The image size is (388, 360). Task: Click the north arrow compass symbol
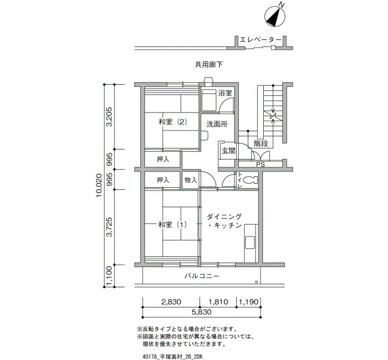coord(275,16)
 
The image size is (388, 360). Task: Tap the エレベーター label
coord(261,40)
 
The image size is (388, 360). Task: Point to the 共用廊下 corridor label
coord(209,65)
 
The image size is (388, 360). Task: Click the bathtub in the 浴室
coord(209,100)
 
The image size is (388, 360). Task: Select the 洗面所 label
coord(217,124)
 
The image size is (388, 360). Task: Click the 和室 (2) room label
coord(172,122)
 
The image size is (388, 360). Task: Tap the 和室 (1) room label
coord(172,225)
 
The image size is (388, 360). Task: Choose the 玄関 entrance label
coord(228,151)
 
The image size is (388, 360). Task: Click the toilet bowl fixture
coord(250,180)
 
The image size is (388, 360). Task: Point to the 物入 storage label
coord(191,180)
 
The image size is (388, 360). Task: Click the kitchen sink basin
coord(250,242)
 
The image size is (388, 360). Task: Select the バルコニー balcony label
coord(202,276)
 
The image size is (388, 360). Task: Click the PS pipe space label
coord(261,164)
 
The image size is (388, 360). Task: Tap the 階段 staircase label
coord(261,143)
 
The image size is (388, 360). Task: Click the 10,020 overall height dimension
coord(99,186)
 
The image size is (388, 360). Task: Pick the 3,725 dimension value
coord(109,227)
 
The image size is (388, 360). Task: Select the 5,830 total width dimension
coord(202,312)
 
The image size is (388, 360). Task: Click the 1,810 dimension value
coord(218,302)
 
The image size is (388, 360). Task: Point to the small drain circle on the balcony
coord(256,282)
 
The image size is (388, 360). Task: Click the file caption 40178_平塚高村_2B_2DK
coord(172,357)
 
